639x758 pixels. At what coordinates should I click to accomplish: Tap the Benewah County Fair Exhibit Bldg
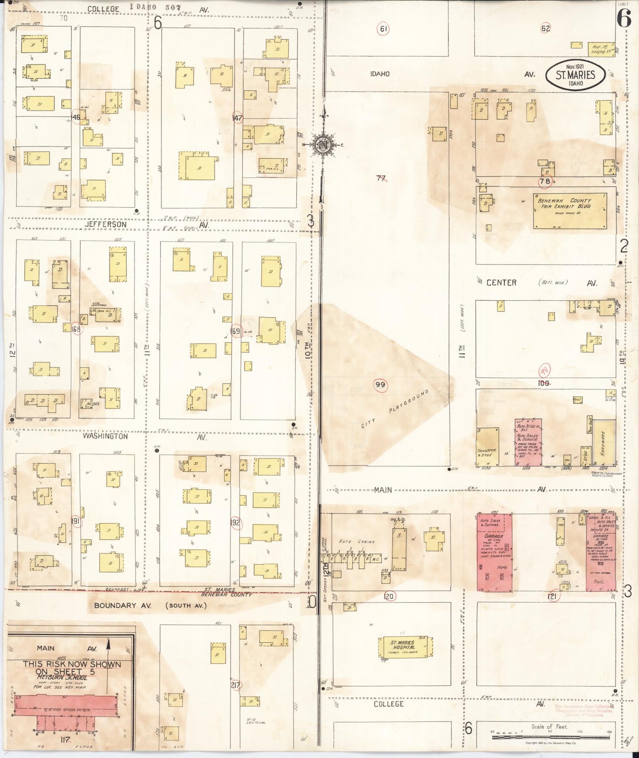pyautogui.click(x=570, y=211)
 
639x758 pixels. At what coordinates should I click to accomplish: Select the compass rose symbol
pyautogui.click(x=323, y=145)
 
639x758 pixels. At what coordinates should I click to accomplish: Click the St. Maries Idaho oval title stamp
pyautogui.click(x=575, y=75)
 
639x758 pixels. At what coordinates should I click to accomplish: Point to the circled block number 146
pyautogui.click(x=76, y=117)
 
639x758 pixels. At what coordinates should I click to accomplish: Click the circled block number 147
pyautogui.click(x=237, y=118)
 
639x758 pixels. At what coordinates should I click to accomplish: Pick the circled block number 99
pyautogui.click(x=380, y=385)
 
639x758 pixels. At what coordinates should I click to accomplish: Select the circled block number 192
pyautogui.click(x=235, y=523)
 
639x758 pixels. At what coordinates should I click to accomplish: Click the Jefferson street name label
pyautogui.click(x=106, y=225)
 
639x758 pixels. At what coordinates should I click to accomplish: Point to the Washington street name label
pyautogui.click(x=105, y=436)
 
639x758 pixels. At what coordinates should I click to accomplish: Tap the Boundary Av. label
pyautogui.click(x=122, y=605)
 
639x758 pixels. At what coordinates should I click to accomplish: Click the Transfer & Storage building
pyautogui.click(x=487, y=447)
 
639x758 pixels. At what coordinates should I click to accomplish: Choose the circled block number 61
pyautogui.click(x=383, y=29)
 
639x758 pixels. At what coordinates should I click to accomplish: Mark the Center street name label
pyautogui.click(x=501, y=283)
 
